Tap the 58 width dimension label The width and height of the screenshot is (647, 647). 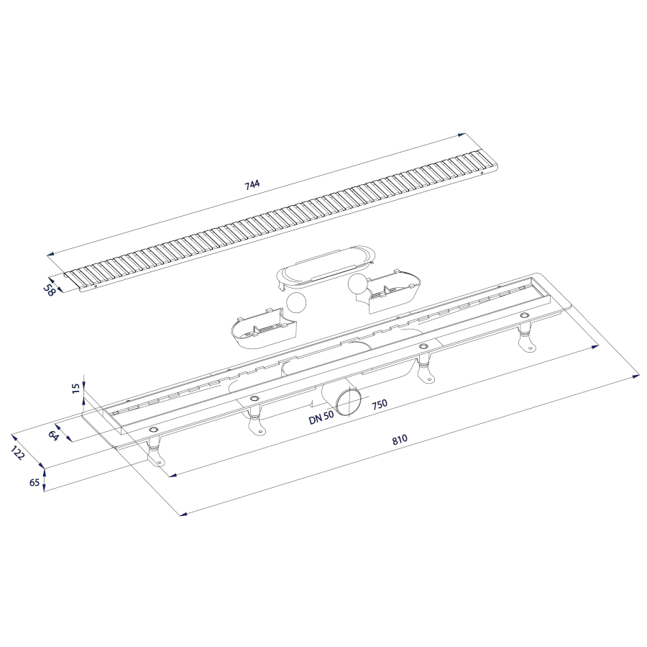pyautogui.click(x=50, y=290)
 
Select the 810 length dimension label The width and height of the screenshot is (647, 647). pyautogui.click(x=400, y=439)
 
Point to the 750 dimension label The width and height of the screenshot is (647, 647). pyautogui.click(x=379, y=404)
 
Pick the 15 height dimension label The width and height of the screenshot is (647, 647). pyautogui.click(x=76, y=389)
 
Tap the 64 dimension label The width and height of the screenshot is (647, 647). pyautogui.click(x=53, y=435)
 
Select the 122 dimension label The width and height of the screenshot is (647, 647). pyautogui.click(x=18, y=453)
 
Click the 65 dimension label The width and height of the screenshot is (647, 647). pyautogui.click(x=35, y=482)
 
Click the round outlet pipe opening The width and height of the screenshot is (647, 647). pyautogui.click(x=348, y=402)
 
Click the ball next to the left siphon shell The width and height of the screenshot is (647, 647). pyautogui.click(x=296, y=303)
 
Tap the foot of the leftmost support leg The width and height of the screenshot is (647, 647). pyautogui.click(x=156, y=458)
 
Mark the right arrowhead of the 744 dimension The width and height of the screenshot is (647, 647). pyautogui.click(x=463, y=135)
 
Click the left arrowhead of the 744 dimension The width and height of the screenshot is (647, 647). pyautogui.click(x=51, y=255)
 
